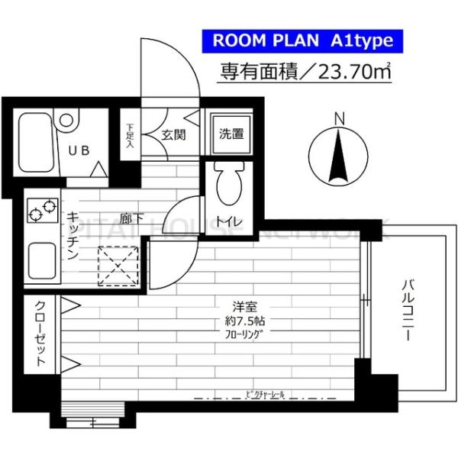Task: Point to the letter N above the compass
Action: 340,118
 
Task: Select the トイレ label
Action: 228,221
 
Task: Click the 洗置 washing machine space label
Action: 231,135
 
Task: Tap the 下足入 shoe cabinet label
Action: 131,135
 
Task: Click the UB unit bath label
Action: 79,150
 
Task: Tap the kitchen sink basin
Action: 40,261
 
